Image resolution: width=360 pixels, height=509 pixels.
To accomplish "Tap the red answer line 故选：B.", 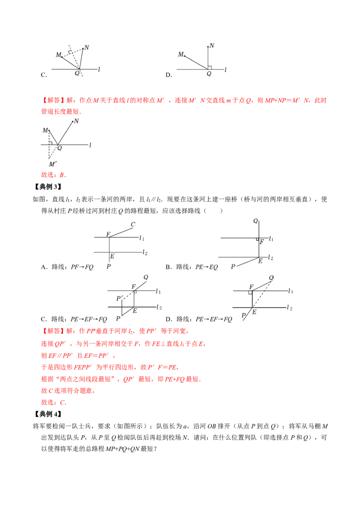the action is (x=54, y=175).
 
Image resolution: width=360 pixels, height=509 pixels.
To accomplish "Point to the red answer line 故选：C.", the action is (x=54, y=402).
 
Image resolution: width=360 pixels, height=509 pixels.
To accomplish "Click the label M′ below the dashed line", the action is (x=53, y=164).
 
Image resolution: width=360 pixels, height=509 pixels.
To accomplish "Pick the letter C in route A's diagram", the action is (x=133, y=224).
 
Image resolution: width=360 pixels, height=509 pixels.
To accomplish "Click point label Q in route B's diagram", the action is (x=256, y=221).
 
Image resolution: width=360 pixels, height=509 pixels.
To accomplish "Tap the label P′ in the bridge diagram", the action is (x=120, y=298).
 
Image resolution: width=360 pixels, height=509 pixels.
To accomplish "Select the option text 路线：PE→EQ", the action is (x=197, y=267).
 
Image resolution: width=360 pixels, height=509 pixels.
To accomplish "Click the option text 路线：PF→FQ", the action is (x=72, y=267).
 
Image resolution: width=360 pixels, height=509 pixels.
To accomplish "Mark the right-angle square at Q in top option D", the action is (x=210, y=67).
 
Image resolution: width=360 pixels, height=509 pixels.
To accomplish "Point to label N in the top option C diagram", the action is (x=87, y=47).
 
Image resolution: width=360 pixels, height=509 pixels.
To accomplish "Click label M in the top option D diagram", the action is (x=180, y=54).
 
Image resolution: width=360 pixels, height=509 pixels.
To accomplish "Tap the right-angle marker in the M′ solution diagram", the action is (x=50, y=143).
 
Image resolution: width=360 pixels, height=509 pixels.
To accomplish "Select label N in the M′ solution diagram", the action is (x=76, y=121).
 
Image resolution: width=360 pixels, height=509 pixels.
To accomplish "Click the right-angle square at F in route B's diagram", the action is (x=257, y=240).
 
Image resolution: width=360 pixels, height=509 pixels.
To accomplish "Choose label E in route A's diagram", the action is (x=112, y=256).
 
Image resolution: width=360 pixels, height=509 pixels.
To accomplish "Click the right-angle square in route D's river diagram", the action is (x=250, y=292).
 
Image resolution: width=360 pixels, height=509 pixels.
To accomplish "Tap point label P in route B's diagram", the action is (x=233, y=267).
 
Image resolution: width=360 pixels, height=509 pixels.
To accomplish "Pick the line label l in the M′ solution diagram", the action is (x=90, y=145).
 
